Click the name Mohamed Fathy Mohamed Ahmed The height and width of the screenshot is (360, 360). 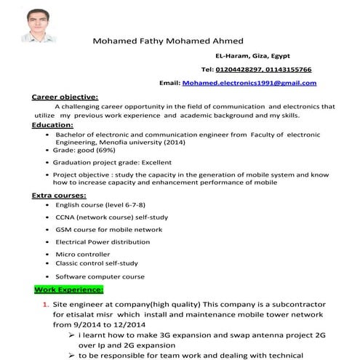tap(168, 40)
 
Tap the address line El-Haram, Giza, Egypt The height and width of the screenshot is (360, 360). tap(247, 55)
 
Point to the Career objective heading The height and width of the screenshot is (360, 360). tap(65, 97)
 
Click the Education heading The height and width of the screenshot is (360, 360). tap(52, 125)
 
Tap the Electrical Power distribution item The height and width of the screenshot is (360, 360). tap(103, 241)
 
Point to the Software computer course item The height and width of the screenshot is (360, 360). tap(100, 277)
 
